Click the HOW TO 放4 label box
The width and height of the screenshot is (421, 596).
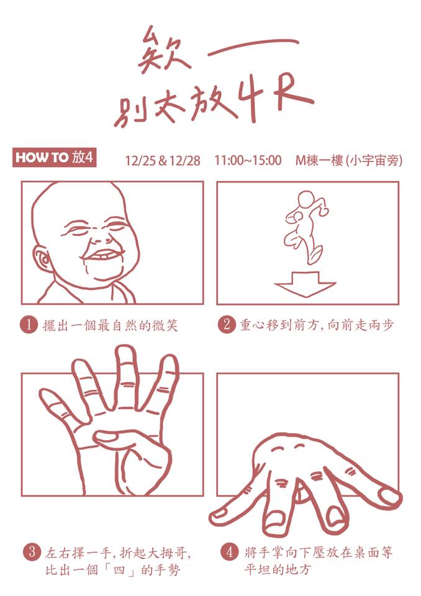coord(54,157)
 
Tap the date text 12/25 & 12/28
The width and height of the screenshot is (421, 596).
coord(163,161)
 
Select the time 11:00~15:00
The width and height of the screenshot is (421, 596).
coord(248,160)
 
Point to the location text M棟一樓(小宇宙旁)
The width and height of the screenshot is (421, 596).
coord(349,160)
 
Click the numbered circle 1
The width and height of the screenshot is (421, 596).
coord(29,325)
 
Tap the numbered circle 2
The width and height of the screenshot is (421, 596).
coord(227,325)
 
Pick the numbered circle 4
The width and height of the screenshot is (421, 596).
coord(229,553)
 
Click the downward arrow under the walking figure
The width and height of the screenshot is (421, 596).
coord(305,284)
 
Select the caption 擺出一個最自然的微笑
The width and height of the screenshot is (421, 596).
coord(111,325)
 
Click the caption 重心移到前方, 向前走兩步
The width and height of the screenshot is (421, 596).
coord(317,325)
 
